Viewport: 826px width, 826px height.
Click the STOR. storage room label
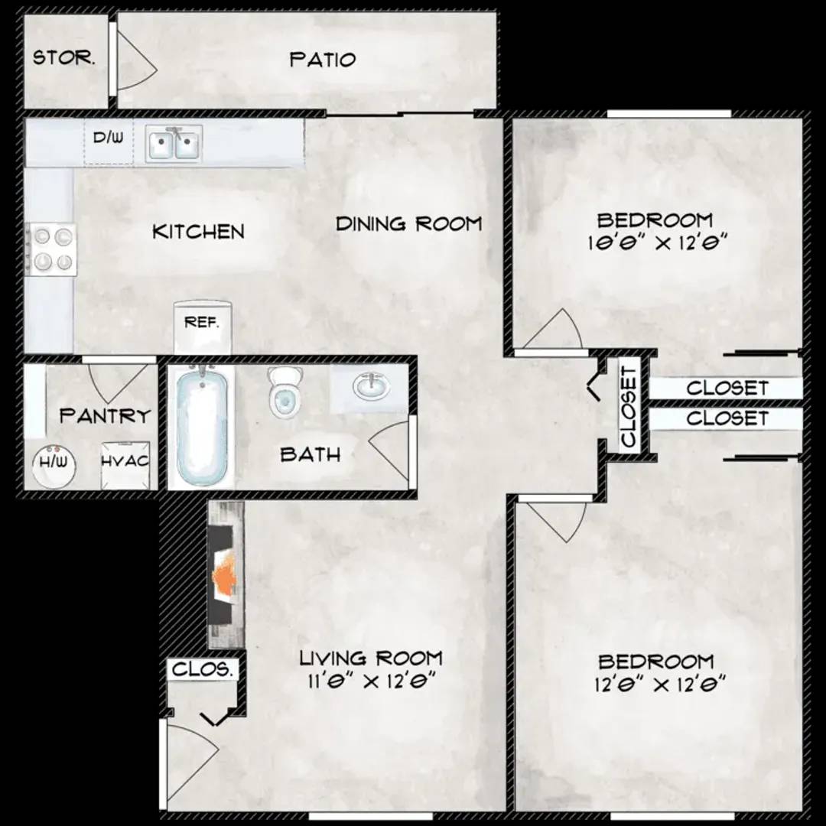pos(64,57)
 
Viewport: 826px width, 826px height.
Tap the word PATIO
pos(323,60)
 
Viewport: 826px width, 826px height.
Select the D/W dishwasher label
pos(108,138)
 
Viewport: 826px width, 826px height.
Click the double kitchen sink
pos(174,143)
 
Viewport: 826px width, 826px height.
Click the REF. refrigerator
pos(203,327)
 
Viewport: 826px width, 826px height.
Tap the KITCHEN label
pos(198,232)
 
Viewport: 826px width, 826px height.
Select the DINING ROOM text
pos(408,224)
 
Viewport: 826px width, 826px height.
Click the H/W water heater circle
pos(54,465)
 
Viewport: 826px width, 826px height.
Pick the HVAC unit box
pos(125,465)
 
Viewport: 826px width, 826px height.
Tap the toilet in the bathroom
pos(285,392)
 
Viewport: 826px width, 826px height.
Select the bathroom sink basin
pos(372,387)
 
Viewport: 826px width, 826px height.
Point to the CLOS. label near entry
pos(202,669)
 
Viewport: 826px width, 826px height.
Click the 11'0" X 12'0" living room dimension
pos(372,681)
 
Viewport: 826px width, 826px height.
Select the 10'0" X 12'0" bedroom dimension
pos(658,243)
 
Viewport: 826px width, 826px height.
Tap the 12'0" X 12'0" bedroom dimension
pos(660,685)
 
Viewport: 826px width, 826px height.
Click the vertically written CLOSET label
pos(629,406)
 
